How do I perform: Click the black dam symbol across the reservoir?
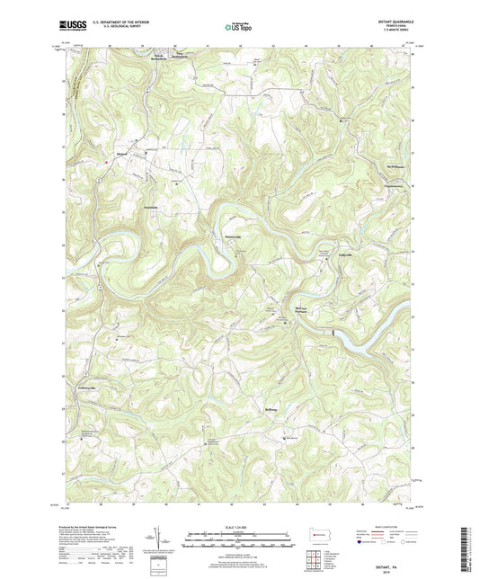click(336, 334)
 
